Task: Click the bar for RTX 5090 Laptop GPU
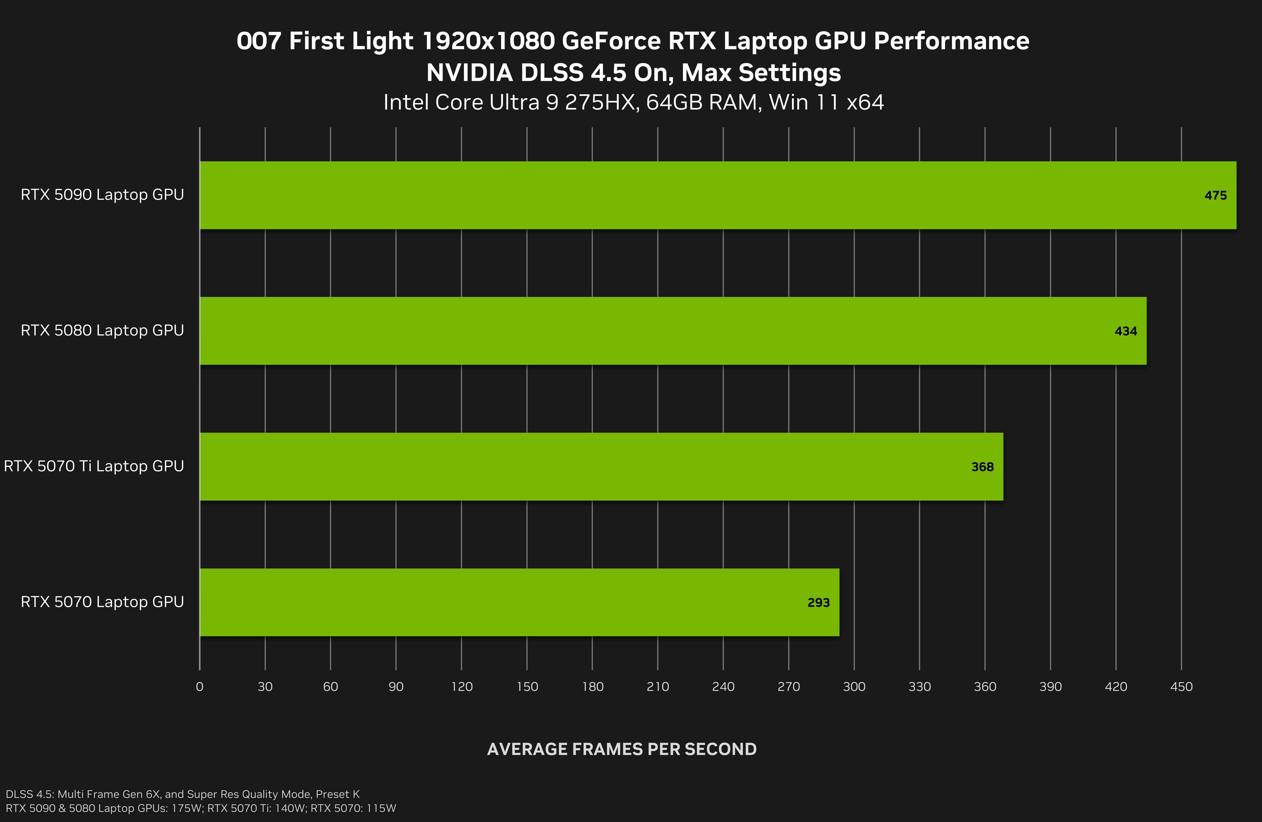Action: (x=718, y=195)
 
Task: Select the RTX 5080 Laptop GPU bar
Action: (x=673, y=331)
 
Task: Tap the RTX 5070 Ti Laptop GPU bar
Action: (x=601, y=466)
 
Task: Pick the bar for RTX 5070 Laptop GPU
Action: (x=520, y=602)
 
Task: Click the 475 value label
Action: (x=1215, y=196)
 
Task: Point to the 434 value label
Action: (x=1126, y=331)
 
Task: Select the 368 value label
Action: (x=983, y=467)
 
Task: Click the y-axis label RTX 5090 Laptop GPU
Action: (x=102, y=194)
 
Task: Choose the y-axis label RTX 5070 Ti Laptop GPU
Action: (x=94, y=466)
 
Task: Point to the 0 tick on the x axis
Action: (x=199, y=687)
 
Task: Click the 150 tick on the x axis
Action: (x=527, y=687)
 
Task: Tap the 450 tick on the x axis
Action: (x=1181, y=687)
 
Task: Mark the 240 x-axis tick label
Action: (x=723, y=687)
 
